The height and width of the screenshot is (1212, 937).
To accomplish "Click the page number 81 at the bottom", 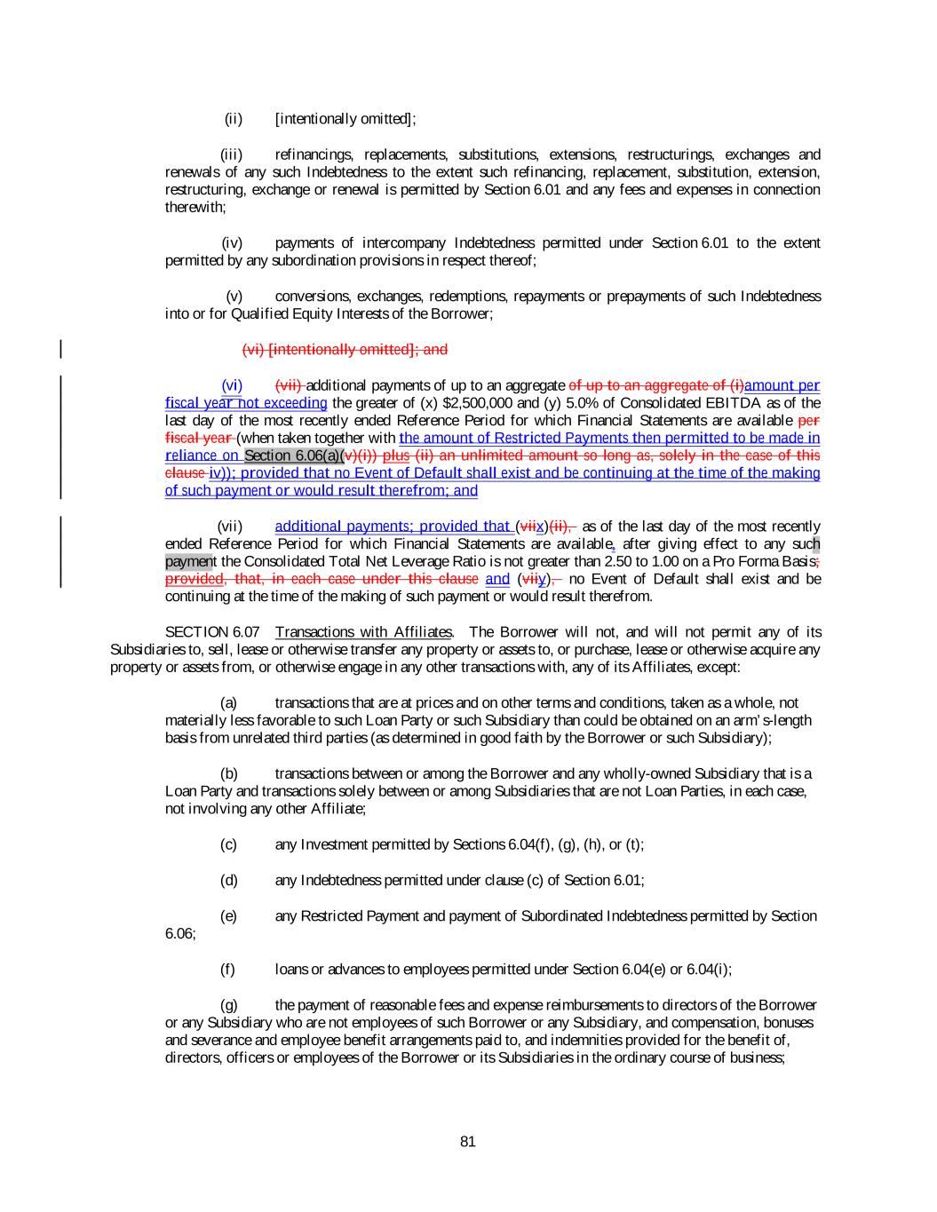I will [468, 1142].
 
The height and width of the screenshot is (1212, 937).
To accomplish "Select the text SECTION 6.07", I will [212, 632].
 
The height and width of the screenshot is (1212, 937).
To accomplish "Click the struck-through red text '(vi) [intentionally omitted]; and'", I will [345, 350].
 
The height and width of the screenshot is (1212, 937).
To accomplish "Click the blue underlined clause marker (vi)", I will [232, 385].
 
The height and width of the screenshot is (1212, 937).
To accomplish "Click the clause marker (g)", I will [229, 1005].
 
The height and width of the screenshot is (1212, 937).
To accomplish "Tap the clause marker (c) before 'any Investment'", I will [229, 844].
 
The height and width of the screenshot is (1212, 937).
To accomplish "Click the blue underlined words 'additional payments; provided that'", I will [392, 527].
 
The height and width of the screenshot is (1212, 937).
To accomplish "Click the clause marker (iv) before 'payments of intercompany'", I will [232, 243].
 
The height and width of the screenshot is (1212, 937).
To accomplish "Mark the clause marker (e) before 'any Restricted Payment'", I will [229, 915].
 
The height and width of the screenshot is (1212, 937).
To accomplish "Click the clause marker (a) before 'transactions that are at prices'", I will [229, 702].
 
